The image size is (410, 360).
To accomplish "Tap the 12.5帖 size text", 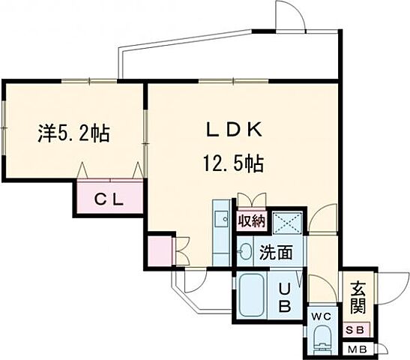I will click(231, 164).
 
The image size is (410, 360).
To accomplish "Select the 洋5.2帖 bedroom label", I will click(73, 134).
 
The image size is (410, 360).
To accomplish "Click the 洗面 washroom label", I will click(276, 253).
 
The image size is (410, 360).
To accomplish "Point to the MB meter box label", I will click(355, 349).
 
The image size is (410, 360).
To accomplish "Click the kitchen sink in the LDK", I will click(222, 220).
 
